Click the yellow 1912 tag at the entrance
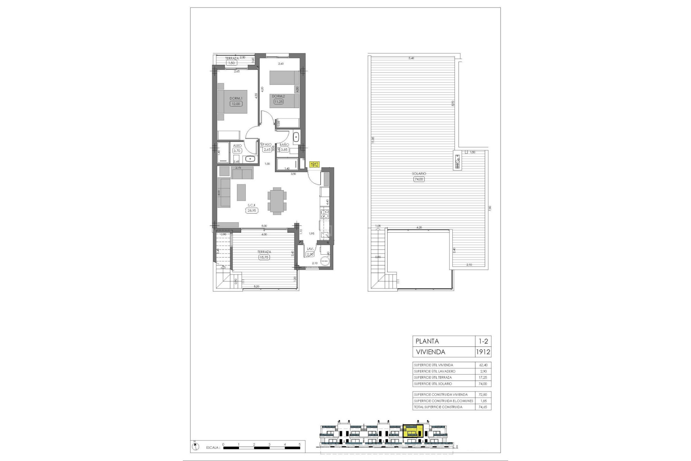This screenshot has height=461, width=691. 314,164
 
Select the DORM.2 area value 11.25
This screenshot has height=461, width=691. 279,102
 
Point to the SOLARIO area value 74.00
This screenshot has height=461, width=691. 419,179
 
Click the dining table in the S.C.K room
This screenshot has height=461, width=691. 277,201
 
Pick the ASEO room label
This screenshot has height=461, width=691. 237,146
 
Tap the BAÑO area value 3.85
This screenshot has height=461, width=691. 284,150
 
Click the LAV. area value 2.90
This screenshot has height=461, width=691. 310,254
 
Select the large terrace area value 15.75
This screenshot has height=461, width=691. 264,257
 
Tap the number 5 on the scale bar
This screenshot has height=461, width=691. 299,444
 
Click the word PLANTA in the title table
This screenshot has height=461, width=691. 427,341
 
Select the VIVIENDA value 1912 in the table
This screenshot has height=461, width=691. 483,352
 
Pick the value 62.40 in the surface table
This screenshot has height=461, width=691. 483,365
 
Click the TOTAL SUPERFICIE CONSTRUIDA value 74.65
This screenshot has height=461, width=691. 483,407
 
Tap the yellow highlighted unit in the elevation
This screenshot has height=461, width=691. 413,431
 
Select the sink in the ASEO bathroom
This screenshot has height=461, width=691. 249,158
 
